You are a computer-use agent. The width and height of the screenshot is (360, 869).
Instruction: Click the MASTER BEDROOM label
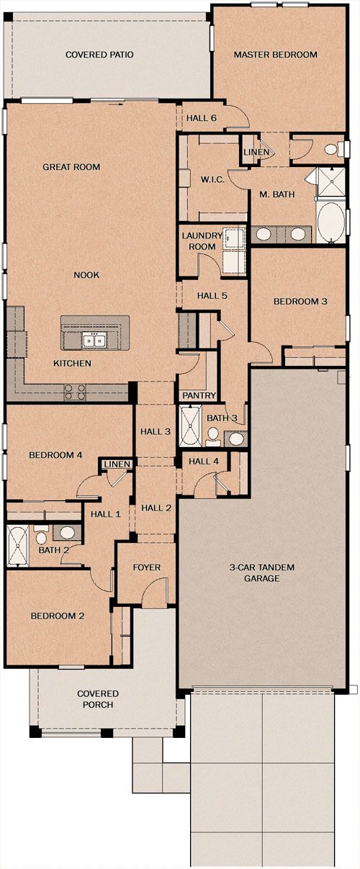[276, 55]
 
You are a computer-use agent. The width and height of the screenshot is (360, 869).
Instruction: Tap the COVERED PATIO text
[99, 55]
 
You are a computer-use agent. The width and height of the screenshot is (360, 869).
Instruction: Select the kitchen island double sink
[94, 341]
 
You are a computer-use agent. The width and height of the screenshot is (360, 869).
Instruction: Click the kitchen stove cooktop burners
[75, 392]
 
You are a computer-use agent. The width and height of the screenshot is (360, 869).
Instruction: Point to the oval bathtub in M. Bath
[330, 222]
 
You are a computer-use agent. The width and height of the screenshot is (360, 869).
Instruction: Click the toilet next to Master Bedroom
[334, 149]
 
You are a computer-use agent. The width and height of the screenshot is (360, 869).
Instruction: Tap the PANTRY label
[199, 396]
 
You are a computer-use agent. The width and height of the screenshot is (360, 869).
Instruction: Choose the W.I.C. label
[212, 180]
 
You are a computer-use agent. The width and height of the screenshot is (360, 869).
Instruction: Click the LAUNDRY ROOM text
[202, 241]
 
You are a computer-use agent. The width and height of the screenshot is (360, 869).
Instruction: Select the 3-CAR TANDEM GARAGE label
[262, 573]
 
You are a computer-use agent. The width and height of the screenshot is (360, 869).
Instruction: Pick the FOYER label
[147, 567]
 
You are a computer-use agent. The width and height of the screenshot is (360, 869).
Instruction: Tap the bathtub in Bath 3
[191, 426]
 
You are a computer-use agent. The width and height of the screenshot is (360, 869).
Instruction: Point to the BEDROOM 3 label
[300, 302]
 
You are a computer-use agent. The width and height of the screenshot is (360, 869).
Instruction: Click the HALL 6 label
[202, 118]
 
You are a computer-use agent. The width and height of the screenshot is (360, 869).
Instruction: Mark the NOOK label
[86, 275]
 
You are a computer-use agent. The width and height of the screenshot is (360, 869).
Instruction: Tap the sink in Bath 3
[235, 438]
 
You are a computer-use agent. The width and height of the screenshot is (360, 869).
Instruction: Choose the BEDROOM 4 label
[55, 455]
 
